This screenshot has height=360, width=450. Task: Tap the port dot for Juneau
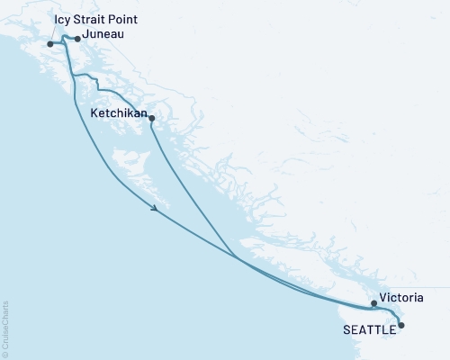pyautogui.click(x=77, y=39)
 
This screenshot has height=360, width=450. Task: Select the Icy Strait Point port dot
pyautogui.click(x=50, y=43)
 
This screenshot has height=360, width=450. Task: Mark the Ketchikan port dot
pyautogui.click(x=151, y=118)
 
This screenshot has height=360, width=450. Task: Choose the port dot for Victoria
pyautogui.click(x=373, y=303)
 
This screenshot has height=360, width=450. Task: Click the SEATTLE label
pyautogui.click(x=369, y=330)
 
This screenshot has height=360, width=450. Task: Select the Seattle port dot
pyautogui.click(x=401, y=325)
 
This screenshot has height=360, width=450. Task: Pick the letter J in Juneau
pyautogui.click(x=84, y=35)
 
